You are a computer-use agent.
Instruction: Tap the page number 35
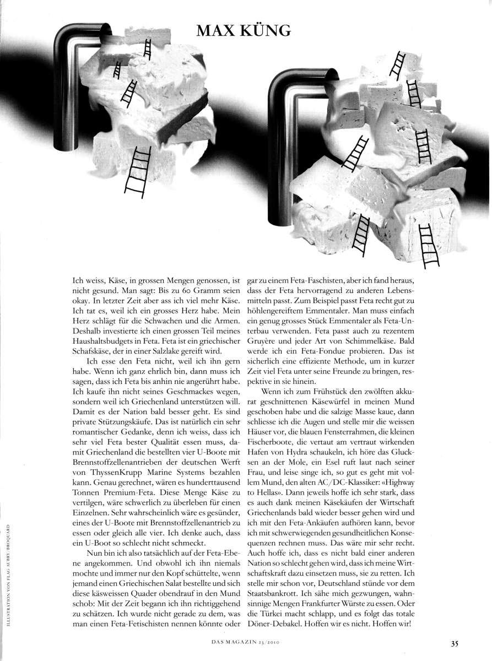(x=455, y=642)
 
